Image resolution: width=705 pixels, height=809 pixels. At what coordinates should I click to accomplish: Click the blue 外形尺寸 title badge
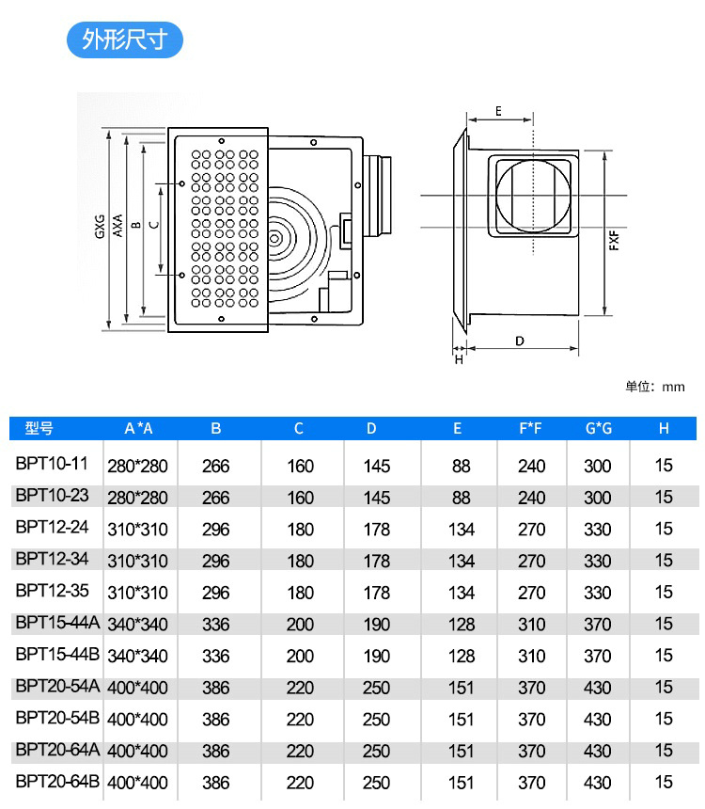pyautogui.click(x=125, y=40)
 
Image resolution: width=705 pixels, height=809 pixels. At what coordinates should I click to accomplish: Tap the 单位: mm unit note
pyautogui.click(x=654, y=387)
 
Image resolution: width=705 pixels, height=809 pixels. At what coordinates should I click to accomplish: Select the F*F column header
pyautogui.click(x=530, y=428)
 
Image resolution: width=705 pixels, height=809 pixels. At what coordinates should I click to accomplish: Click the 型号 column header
pyautogui.click(x=39, y=428)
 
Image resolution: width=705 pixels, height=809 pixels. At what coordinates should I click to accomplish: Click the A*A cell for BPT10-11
pyautogui.click(x=137, y=466)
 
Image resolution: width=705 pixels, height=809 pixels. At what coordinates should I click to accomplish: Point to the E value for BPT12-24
pyautogui.click(x=461, y=530)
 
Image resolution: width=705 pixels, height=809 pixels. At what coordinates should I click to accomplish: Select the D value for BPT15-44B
pyautogui.click(x=377, y=657)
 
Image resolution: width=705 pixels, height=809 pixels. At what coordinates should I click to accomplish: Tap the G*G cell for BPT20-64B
pyautogui.click(x=597, y=783)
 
